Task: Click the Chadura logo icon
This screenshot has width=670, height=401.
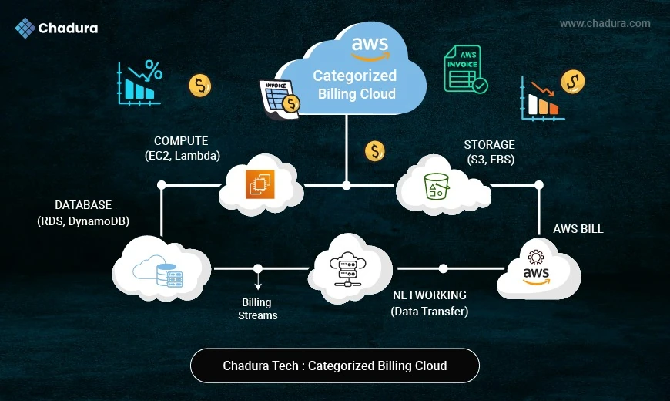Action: (25, 29)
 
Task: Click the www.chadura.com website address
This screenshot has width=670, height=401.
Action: (605, 23)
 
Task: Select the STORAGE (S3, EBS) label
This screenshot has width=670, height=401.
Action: (489, 152)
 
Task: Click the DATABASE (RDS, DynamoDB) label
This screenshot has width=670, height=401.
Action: (82, 213)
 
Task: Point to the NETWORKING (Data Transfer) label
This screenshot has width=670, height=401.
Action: (429, 303)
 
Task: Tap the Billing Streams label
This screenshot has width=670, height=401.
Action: (257, 308)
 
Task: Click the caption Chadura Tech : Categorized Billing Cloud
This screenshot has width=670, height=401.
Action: (334, 366)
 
